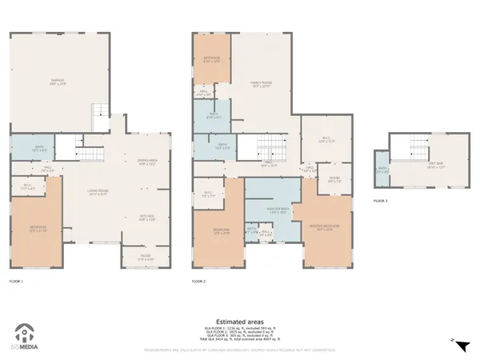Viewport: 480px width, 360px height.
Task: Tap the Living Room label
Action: click(x=98, y=192)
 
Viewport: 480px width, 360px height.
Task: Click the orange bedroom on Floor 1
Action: click(x=38, y=228)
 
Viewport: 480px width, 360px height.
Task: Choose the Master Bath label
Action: click(x=278, y=210)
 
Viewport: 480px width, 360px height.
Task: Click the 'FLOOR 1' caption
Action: click(x=16, y=282)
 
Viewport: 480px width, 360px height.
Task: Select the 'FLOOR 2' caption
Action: click(x=198, y=282)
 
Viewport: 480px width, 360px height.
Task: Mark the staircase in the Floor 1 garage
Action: click(x=98, y=115)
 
